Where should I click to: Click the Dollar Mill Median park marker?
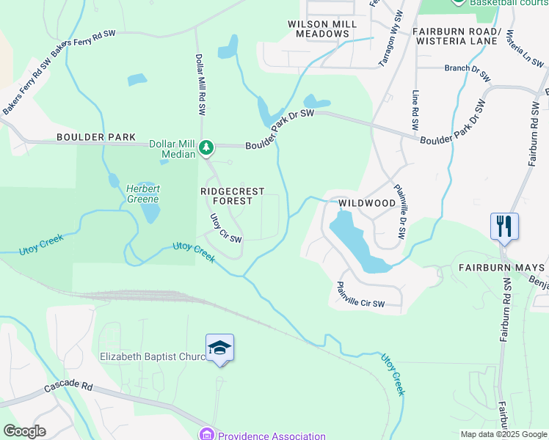pos(207,148)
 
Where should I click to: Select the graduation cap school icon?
pos(219,348)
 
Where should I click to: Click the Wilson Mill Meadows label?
pos(322,29)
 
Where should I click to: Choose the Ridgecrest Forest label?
pos(233,196)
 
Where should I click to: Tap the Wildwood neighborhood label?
pos(366,202)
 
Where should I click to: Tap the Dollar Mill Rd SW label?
pos(200,84)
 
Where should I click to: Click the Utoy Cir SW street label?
pos(225,229)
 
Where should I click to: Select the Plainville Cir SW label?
pos(360,295)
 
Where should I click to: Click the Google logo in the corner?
pos(24,431)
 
